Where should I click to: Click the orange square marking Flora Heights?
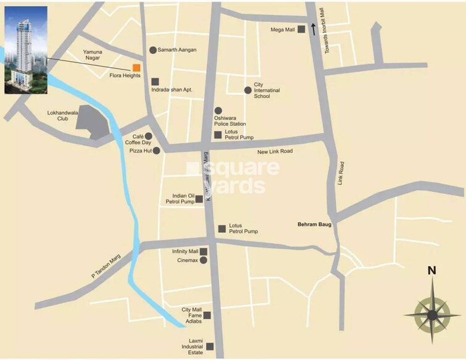pyautogui.click(x=136, y=67)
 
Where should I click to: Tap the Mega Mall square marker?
pyautogui.click(x=301, y=29)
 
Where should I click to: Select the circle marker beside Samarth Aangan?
pyautogui.click(x=153, y=50)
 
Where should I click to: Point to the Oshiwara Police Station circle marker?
pyautogui.click(x=218, y=111)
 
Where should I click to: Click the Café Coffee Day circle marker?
pyautogui.click(x=148, y=136)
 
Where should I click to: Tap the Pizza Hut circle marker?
pyautogui.click(x=157, y=150)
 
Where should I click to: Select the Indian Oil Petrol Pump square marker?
pyautogui.click(x=199, y=199)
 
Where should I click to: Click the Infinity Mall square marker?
pyautogui.click(x=203, y=251)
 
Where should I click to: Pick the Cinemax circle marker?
pyautogui.click(x=203, y=260)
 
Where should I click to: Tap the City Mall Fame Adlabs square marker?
pyautogui.click(x=207, y=315)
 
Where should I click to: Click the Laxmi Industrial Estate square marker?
pyautogui.click(x=210, y=346)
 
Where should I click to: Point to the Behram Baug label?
pyautogui.click(x=314, y=225)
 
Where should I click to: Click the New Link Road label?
pyautogui.click(x=275, y=152)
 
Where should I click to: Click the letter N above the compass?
pyautogui.click(x=431, y=270)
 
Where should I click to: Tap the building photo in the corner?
pyautogui.click(x=25, y=50)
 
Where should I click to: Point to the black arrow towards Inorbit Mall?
pyautogui.click(x=314, y=28)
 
